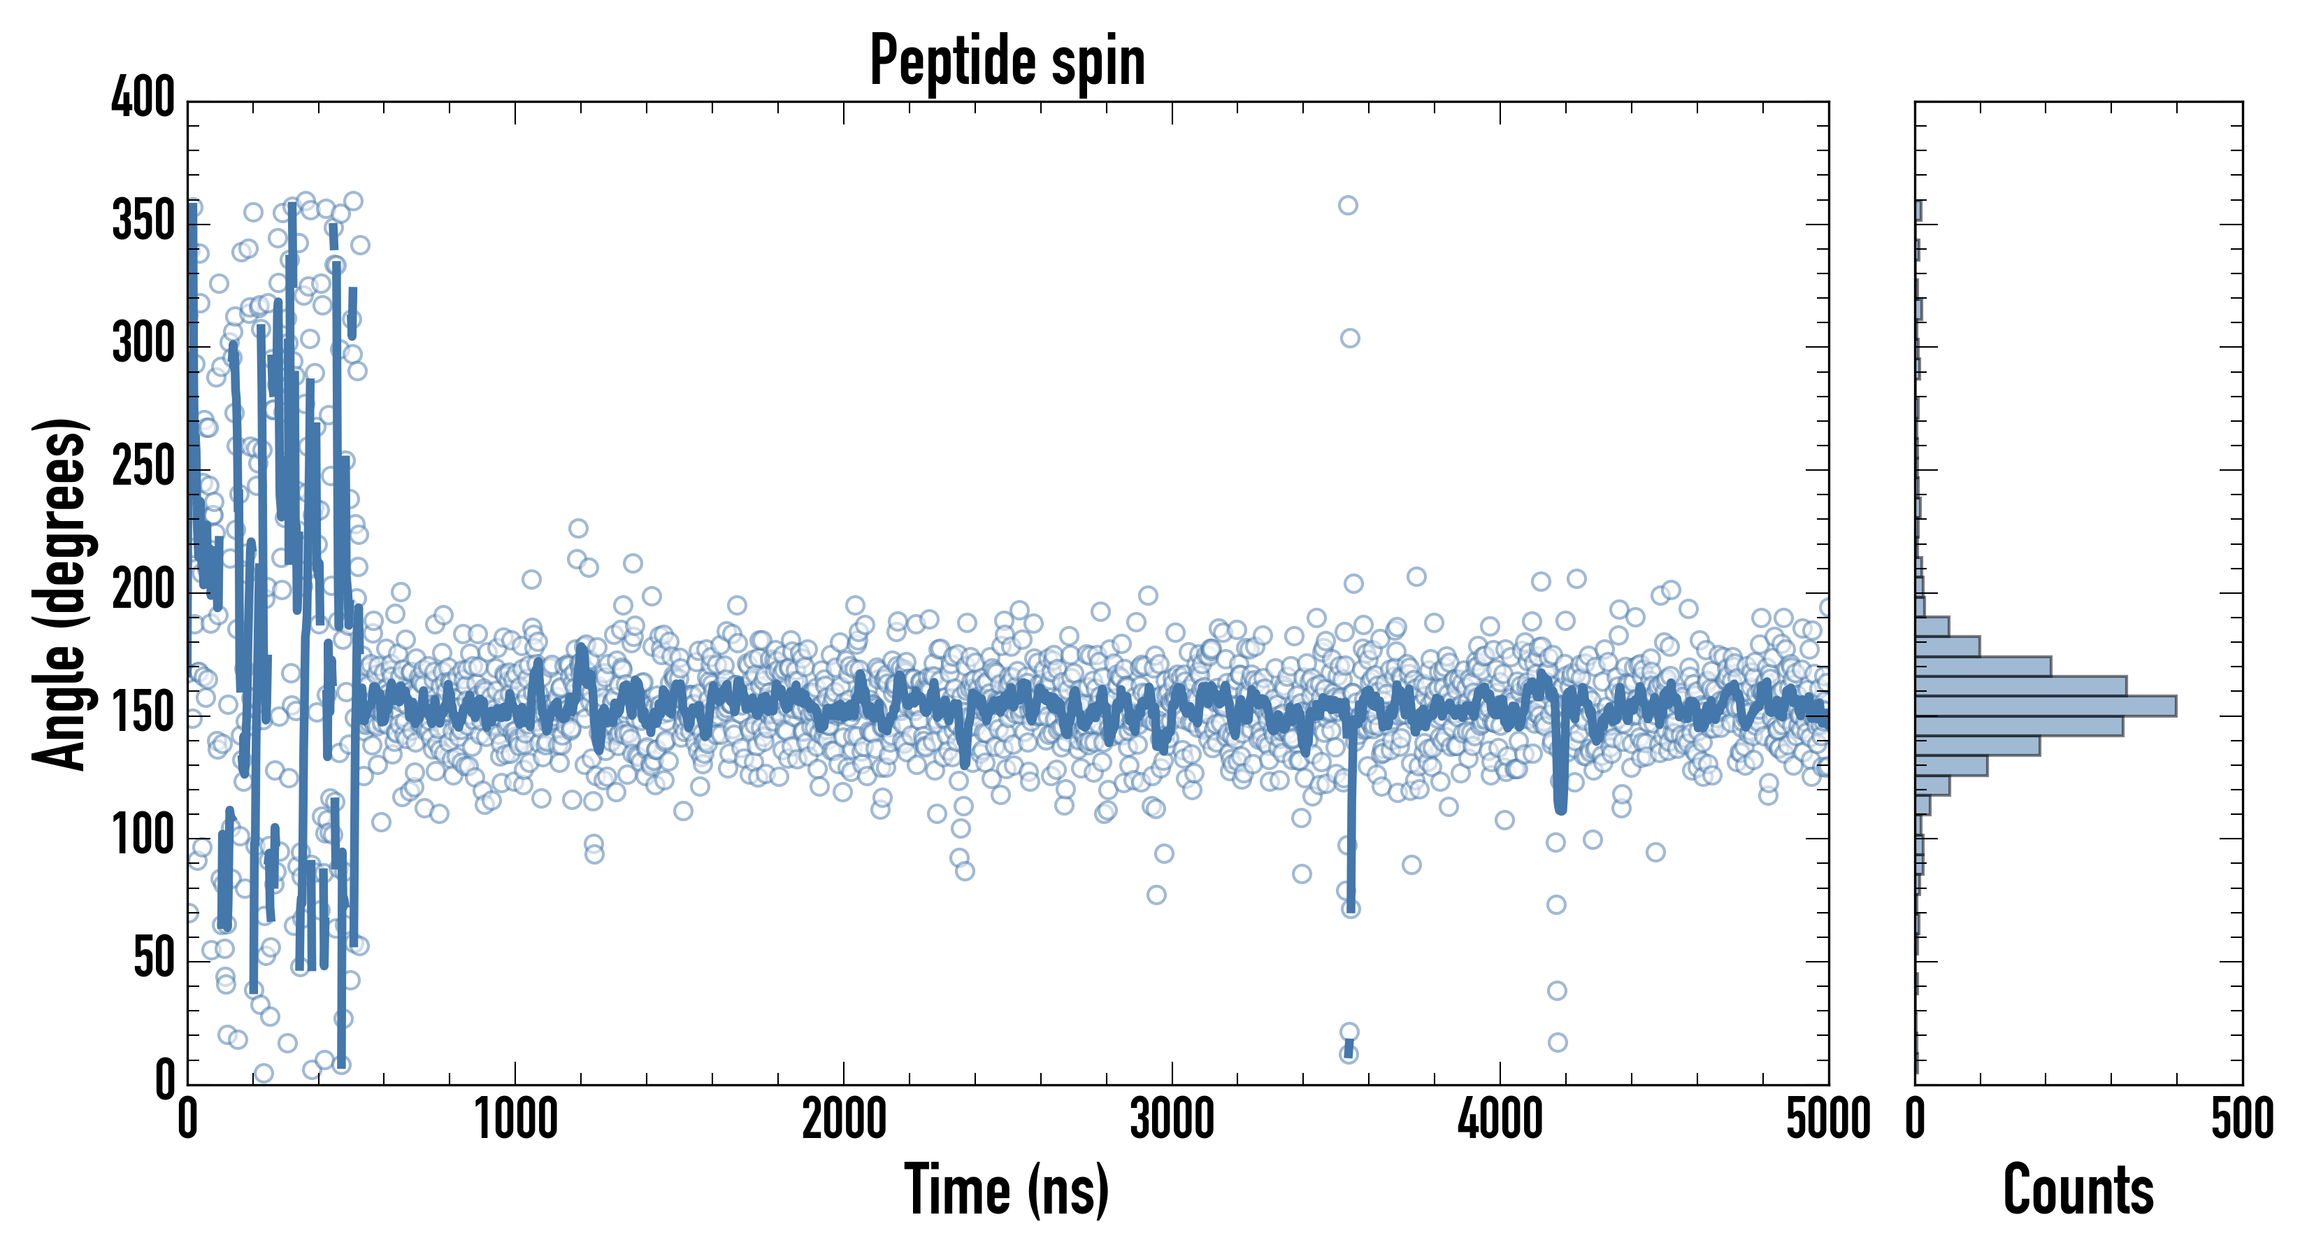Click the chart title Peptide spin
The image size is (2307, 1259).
point(1007,61)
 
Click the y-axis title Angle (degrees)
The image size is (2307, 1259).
point(60,593)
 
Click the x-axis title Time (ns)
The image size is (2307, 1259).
point(1007,1189)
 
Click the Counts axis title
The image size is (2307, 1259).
point(2078,1189)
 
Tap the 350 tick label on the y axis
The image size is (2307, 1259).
point(143,220)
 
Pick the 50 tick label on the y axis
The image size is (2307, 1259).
point(154,959)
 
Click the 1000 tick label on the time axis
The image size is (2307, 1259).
point(516,1120)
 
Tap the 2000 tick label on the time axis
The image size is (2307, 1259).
point(844,1120)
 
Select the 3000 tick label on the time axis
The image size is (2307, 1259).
point(1172,1120)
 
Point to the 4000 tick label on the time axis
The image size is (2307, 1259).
point(1500,1120)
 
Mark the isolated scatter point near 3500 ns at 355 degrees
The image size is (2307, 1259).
point(1348,205)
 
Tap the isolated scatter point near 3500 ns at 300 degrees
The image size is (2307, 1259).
point(1350,338)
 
